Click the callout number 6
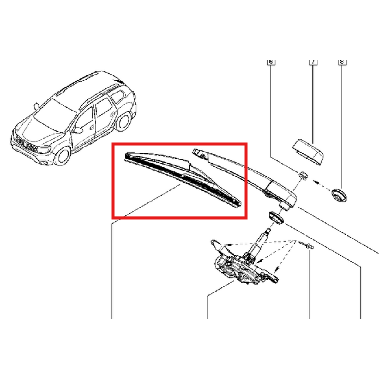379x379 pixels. click(x=271, y=62)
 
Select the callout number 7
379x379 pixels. click(x=313, y=62)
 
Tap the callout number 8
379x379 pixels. click(x=342, y=62)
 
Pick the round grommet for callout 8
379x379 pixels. click(x=339, y=195)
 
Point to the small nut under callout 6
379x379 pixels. click(x=303, y=175)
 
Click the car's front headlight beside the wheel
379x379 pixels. click(x=44, y=150)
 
